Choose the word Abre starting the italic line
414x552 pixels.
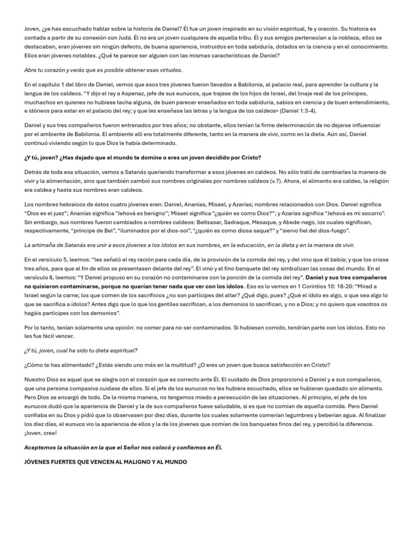pyautogui.click(x=31, y=70)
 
